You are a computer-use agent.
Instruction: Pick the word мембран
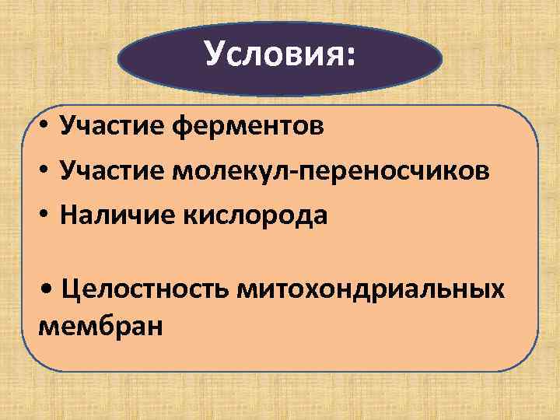100,324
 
